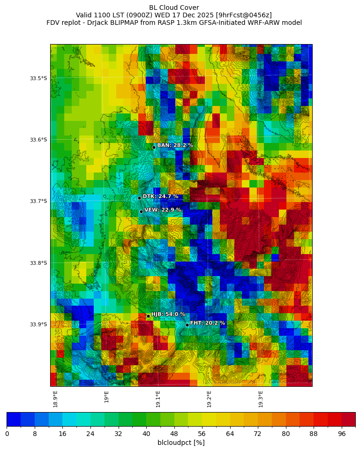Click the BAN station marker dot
click(154, 147)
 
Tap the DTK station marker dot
click(139, 198)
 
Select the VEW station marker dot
click(141, 211)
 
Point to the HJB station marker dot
click(148, 316)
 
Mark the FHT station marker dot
click(187, 325)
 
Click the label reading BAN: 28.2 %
click(175, 145)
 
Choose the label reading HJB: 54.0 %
click(168, 314)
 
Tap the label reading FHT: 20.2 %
click(208, 323)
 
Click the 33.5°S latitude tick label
click(38, 78)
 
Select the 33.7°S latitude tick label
click(38, 201)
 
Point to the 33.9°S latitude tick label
click(38, 324)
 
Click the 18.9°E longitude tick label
click(55, 399)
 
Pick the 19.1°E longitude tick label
click(158, 399)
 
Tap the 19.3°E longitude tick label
click(261, 399)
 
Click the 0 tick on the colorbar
click(7, 434)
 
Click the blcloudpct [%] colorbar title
click(181, 443)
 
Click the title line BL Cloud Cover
click(174, 8)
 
